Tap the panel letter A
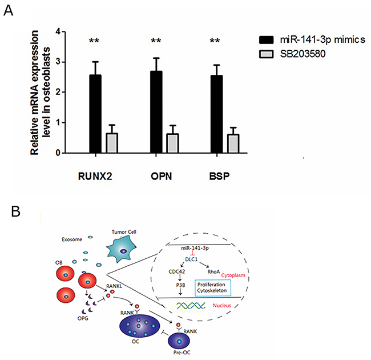pos(8,10)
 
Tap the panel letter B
pos(17,211)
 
